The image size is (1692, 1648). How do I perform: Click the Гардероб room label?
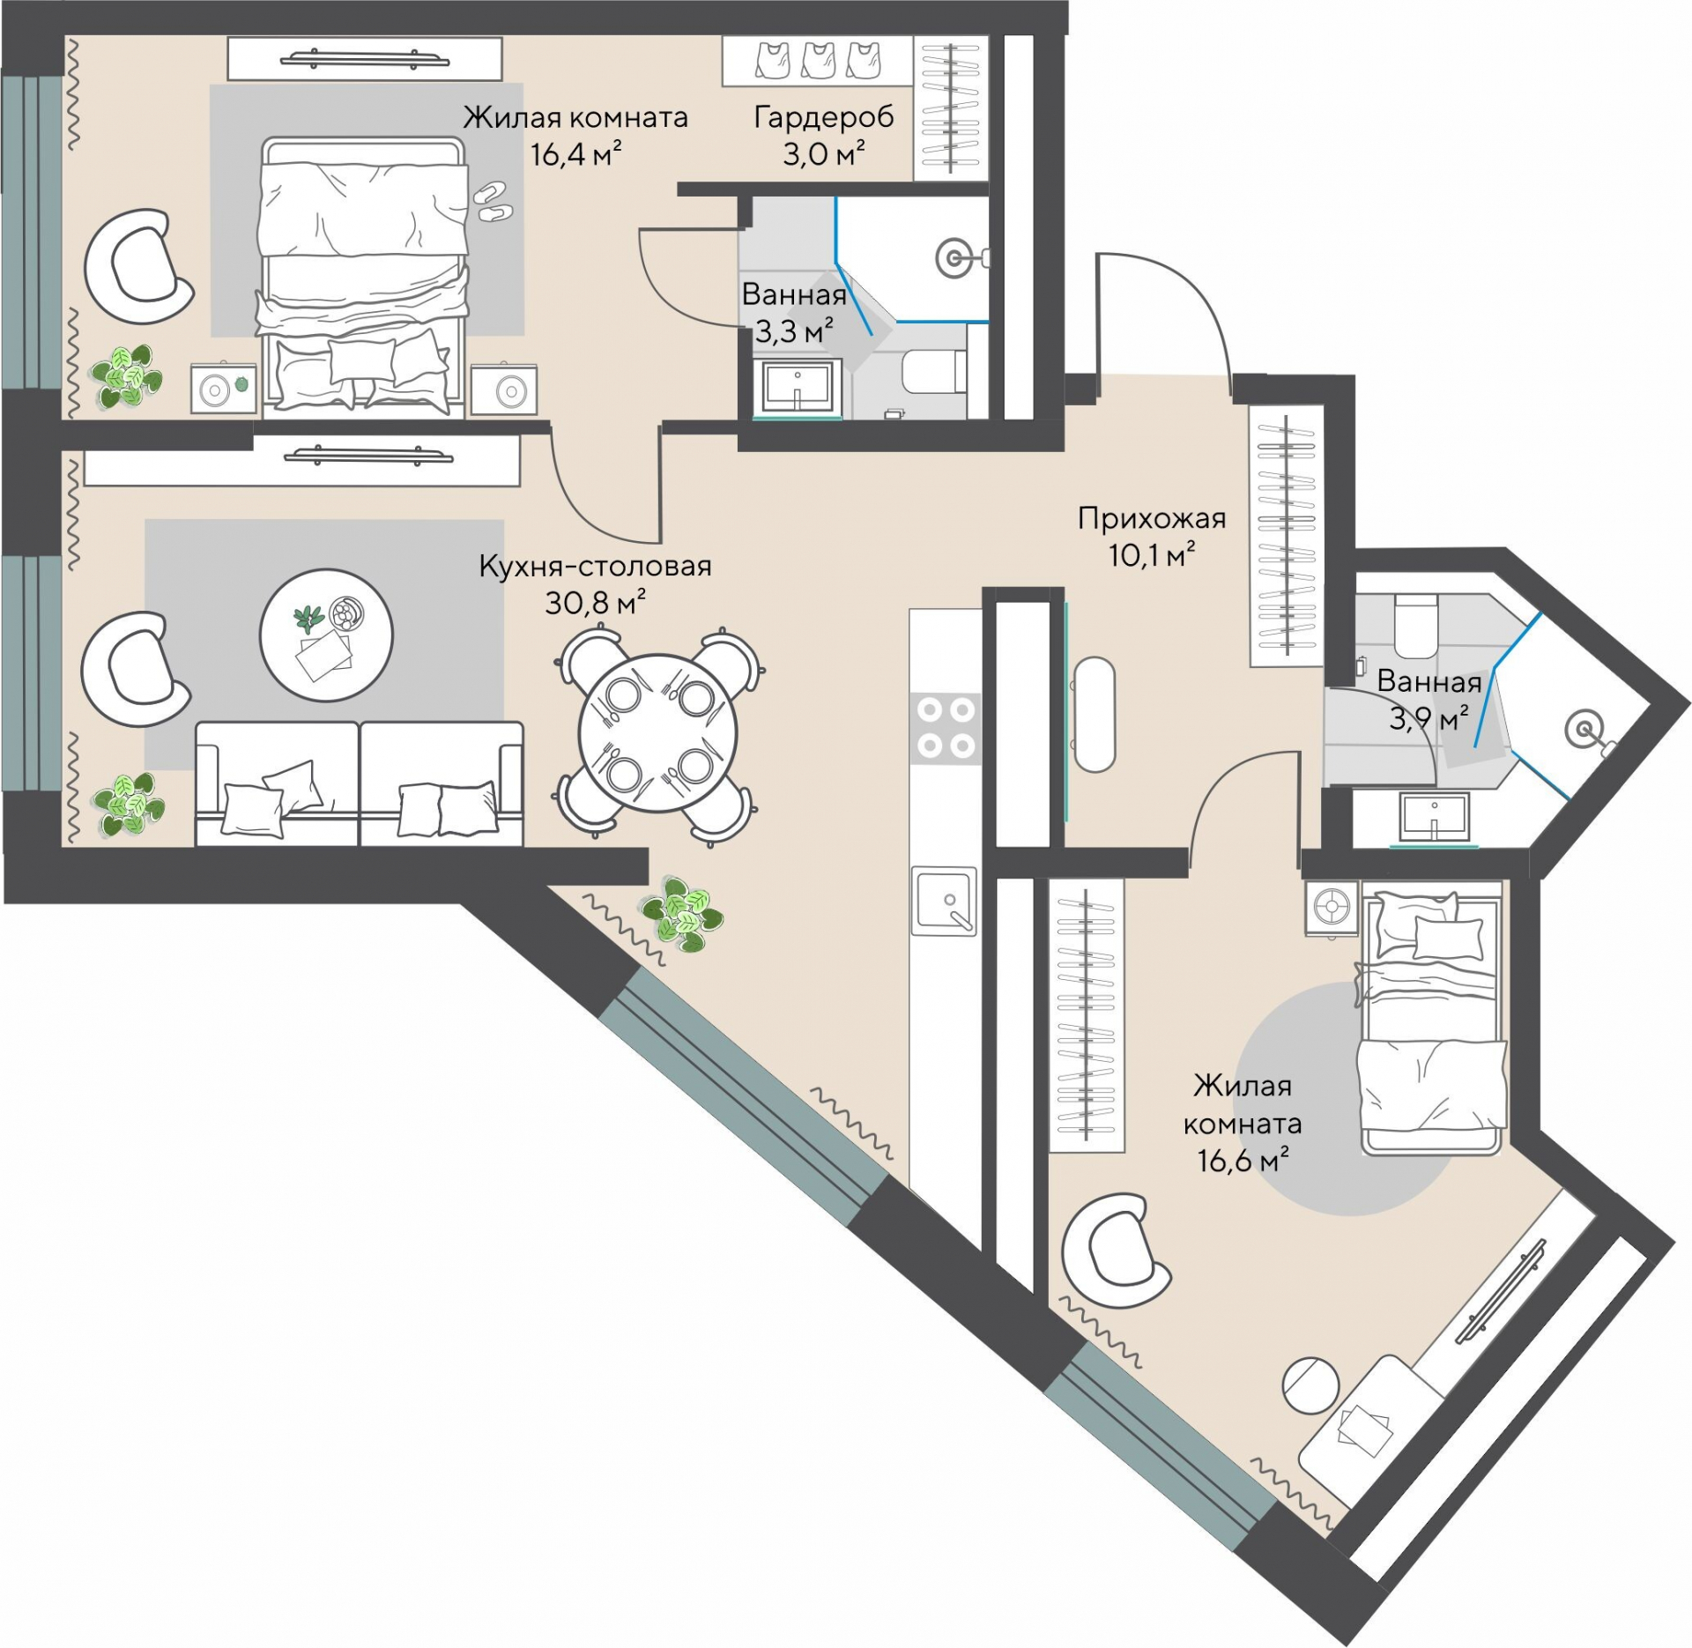tap(824, 118)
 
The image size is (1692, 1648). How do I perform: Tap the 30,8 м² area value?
tap(596, 603)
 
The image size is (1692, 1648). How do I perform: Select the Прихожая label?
tap(1152, 518)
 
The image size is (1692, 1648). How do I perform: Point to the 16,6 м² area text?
tap(1243, 1160)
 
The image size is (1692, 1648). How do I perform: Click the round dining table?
tap(657, 733)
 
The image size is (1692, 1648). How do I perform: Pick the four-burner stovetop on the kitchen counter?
tap(946, 728)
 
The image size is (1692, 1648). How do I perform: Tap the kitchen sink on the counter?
tap(945, 900)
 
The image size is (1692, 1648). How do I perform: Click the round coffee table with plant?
tap(326, 635)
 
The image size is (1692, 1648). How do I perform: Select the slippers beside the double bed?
tap(492, 202)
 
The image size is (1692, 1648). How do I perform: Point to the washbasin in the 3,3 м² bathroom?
tap(798, 387)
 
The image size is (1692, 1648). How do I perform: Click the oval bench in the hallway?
tap(1095, 715)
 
